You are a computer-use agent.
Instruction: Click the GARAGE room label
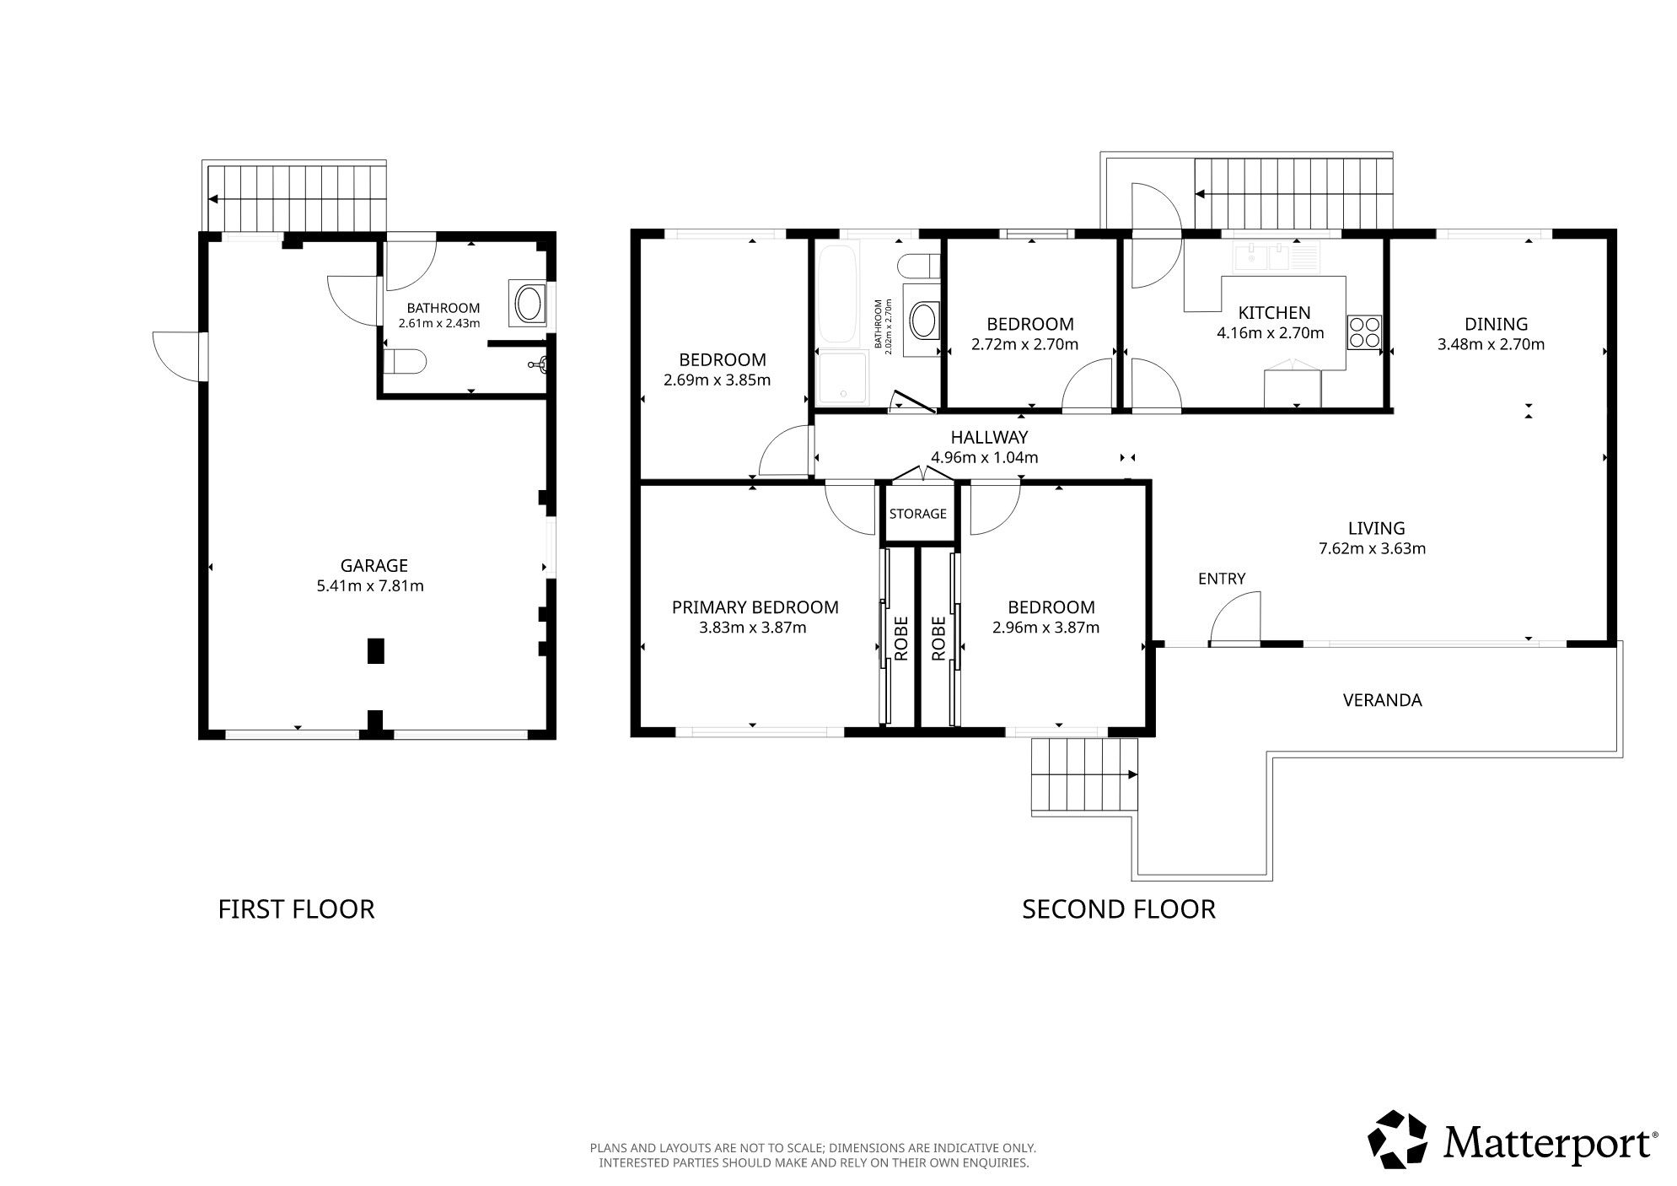374,565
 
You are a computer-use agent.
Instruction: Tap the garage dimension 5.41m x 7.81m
370,585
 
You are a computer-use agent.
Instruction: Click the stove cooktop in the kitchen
1363,332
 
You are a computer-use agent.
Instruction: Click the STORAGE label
917,513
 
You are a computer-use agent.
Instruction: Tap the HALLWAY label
989,437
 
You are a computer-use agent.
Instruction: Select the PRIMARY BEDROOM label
755,607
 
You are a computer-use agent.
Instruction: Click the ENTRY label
1222,579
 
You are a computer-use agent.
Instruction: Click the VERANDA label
1382,700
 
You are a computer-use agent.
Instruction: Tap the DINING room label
1496,324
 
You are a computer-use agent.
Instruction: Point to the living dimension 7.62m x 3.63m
1372,548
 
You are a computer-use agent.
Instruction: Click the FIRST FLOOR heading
296,909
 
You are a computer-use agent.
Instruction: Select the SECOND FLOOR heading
1119,909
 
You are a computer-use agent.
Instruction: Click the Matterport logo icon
1397,1139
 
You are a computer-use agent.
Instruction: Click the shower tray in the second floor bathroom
841,377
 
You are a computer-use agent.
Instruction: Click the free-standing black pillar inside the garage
375,651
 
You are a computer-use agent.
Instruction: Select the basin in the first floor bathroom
529,305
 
